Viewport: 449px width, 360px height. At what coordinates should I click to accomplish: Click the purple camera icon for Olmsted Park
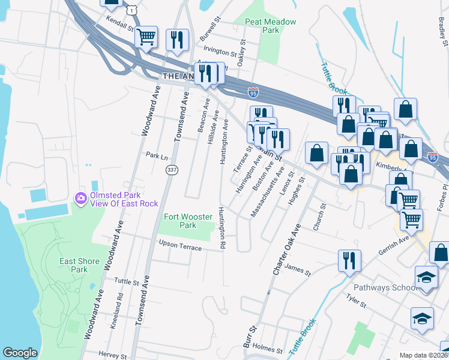coord(80,198)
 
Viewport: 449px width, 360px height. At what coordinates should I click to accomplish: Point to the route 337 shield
coord(172,170)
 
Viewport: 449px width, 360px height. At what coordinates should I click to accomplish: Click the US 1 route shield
coord(131,10)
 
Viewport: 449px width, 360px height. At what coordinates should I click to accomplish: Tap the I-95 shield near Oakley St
coord(253,92)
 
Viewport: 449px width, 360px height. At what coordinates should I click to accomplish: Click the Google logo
coord(20,353)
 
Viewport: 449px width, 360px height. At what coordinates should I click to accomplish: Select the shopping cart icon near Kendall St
coord(146,37)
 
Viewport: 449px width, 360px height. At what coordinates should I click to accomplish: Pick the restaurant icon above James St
coord(349,261)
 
